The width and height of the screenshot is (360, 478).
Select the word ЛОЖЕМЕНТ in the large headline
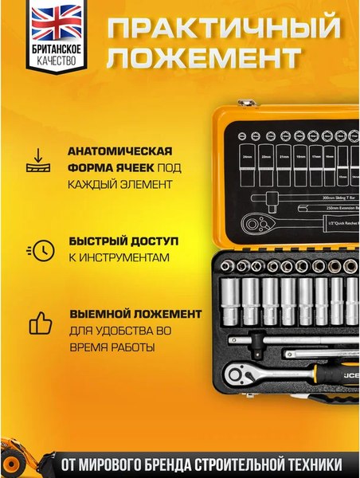click(205, 59)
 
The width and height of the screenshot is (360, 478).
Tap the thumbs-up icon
click(40, 323)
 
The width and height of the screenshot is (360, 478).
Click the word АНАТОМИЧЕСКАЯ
click(109, 151)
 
